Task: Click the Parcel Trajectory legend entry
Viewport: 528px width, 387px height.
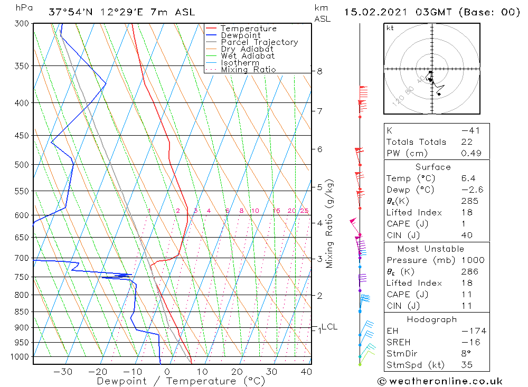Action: tap(259, 42)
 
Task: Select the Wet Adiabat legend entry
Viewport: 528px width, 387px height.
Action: tap(248, 56)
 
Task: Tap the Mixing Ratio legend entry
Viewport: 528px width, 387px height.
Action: tap(248, 70)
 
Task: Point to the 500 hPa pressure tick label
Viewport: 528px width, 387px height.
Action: tap(21, 165)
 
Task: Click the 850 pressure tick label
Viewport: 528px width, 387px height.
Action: tap(21, 312)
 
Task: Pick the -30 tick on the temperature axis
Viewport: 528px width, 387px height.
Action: tap(63, 372)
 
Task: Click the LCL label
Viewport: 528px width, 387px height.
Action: tap(329, 327)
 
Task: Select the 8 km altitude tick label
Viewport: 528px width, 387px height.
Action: tap(319, 71)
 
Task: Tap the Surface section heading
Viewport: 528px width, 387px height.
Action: tap(433, 167)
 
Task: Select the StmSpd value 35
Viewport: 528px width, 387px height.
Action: tap(467, 365)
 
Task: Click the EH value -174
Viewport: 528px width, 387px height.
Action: tap(472, 331)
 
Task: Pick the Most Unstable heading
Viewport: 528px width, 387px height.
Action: tap(431, 249)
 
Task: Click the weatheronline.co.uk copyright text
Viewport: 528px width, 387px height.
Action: tap(440, 381)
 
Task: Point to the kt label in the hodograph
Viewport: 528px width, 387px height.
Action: tap(390, 28)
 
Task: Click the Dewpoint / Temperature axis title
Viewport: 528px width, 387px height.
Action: tap(173, 381)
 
